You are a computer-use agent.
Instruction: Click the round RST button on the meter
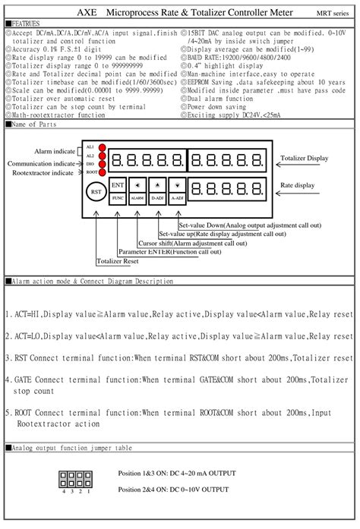pos(96,193)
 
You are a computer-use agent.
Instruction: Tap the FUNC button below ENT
pos(118,197)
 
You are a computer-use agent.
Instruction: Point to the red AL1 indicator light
pos(101,146)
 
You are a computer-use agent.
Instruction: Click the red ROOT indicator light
pos(101,172)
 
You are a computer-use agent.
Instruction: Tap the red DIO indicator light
pos(101,163)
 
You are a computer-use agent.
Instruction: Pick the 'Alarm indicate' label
pos(55,151)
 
